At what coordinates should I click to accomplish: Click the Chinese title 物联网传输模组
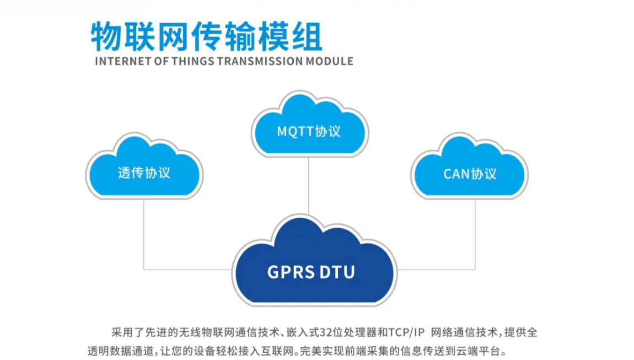pyautogui.click(x=206, y=37)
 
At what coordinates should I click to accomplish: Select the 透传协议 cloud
pyautogui.click(x=144, y=168)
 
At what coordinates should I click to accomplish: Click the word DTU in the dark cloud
pyautogui.click(x=337, y=272)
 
